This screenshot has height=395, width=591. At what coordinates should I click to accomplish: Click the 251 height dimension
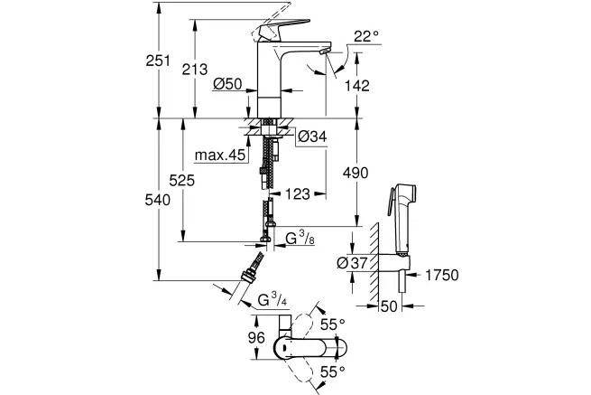tap(158, 61)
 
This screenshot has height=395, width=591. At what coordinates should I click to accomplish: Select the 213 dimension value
tap(195, 70)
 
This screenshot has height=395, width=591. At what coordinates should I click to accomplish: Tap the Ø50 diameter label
tap(227, 84)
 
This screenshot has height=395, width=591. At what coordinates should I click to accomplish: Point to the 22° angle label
tap(366, 37)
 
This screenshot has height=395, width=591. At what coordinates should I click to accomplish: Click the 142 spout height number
tap(357, 86)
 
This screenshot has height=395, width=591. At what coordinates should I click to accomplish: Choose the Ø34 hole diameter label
tap(312, 136)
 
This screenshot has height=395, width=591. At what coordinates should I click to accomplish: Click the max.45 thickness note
tap(220, 155)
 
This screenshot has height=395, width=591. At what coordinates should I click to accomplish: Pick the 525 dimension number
tap(181, 181)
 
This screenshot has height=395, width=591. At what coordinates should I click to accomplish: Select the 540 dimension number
tap(158, 200)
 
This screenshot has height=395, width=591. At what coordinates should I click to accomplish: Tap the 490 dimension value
tap(356, 173)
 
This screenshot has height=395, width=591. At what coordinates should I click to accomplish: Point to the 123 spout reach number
tap(298, 194)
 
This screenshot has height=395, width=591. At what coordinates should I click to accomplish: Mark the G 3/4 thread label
tap(272, 300)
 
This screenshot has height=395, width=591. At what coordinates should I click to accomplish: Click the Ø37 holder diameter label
tap(352, 263)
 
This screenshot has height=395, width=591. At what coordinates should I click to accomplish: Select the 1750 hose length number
tap(442, 276)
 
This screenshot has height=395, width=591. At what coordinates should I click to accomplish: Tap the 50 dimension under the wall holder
tap(389, 306)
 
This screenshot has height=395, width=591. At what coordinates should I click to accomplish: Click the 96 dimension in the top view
tap(256, 337)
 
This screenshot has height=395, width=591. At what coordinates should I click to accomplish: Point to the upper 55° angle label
tap(332, 324)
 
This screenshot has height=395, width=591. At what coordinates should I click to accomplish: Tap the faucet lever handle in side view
tap(283, 29)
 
